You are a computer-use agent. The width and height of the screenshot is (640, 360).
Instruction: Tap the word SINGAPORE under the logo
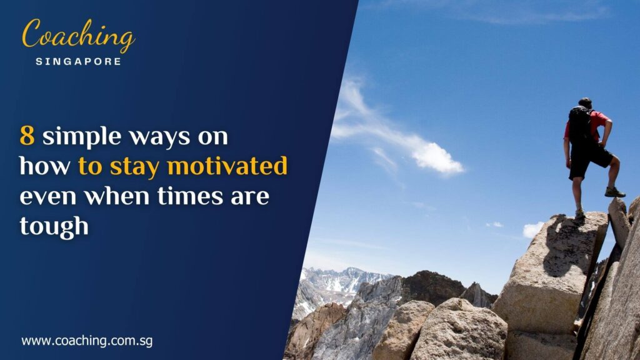tap(79, 61)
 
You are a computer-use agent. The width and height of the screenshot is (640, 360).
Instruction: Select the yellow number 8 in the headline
tap(27, 136)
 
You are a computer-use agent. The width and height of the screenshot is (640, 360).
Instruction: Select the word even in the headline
tap(48, 197)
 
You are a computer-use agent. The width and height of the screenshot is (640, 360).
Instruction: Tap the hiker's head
tap(585, 103)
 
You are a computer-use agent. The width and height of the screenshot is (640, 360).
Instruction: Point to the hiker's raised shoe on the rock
tap(614, 192)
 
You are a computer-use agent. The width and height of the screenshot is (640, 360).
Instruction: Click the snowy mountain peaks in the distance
tap(337, 279)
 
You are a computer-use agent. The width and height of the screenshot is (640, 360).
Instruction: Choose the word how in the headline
tap(44, 166)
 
